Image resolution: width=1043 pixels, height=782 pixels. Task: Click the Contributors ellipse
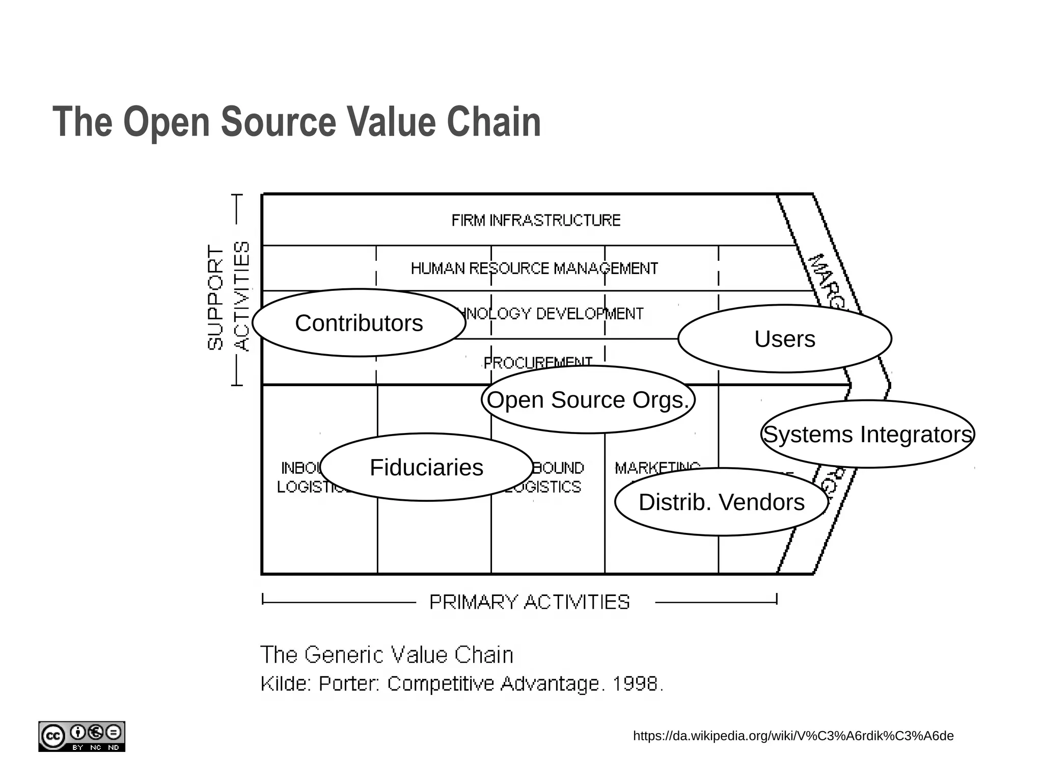pos(359,323)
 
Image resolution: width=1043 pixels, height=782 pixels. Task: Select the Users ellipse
pos(784,339)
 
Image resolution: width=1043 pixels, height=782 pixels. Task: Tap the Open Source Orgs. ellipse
pos(588,400)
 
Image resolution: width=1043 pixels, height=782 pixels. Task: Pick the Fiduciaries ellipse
pos(426,467)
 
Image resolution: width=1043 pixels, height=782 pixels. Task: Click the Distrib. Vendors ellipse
pos(721,502)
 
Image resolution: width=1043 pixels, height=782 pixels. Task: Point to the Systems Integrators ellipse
pos(867,434)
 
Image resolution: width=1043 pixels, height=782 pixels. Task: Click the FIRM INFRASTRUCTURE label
pos(536,221)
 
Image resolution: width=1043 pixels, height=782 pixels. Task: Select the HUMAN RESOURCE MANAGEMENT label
pos(534,268)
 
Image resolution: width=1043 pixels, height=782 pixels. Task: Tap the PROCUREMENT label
pos(537,362)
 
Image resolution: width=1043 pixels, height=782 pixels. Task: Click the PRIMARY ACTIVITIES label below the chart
pos(529,602)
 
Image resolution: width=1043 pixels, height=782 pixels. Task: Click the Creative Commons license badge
pos(81,736)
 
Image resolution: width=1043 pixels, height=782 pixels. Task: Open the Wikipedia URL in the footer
pos(793,736)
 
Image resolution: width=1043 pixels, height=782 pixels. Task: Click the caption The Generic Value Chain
pos(387,655)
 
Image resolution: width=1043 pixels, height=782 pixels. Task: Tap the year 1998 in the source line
pos(635,684)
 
